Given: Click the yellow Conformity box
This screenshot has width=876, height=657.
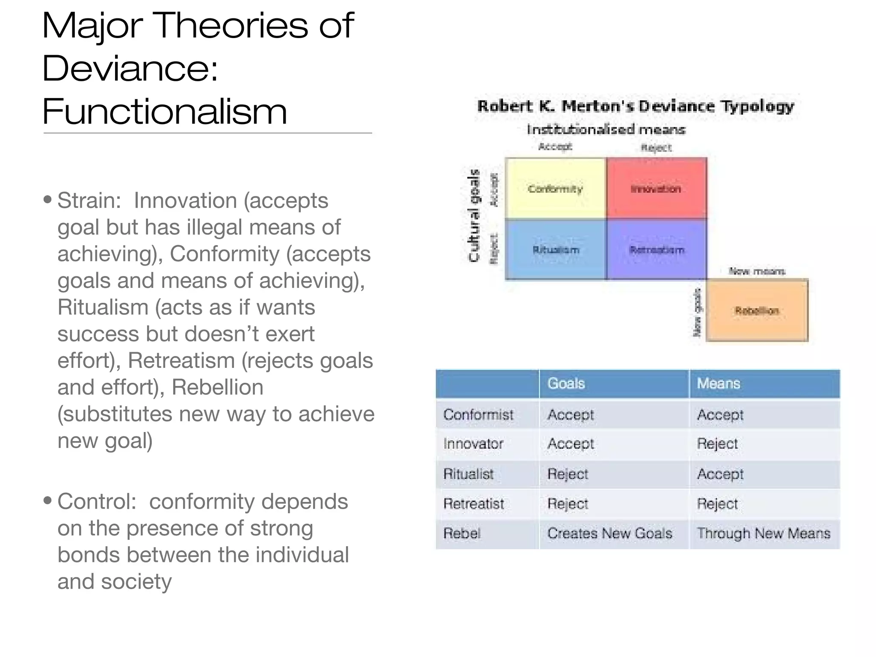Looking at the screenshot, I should (555, 189).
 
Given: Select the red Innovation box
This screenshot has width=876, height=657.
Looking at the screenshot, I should (656, 189).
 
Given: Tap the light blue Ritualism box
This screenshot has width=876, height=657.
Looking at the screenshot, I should (555, 250).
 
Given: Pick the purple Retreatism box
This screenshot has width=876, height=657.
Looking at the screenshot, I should (656, 250).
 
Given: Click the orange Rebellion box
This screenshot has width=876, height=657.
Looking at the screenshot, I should (757, 311).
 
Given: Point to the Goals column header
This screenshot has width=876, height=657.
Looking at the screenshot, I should (566, 383).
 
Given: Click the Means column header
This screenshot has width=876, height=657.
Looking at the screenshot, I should (718, 383).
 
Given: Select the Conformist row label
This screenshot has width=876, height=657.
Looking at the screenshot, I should (478, 414).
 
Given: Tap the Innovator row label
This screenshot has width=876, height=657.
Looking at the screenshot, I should (473, 444).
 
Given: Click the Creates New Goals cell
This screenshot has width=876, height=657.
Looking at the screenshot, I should (610, 533).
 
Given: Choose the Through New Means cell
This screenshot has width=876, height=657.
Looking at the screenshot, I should (763, 533).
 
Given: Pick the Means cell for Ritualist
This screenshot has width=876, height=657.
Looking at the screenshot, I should (720, 474).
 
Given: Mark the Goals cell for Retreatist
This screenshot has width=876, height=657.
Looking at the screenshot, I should (568, 504).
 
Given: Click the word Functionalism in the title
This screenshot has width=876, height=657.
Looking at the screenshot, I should (165, 111).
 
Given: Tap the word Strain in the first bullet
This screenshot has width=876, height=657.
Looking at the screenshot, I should (89, 201).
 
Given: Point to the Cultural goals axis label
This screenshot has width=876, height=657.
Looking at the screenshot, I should (474, 215).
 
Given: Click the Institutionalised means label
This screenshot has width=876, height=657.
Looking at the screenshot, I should (606, 129).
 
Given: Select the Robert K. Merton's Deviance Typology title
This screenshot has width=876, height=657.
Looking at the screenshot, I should (635, 106).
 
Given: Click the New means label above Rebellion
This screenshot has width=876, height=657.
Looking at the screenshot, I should (757, 271).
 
